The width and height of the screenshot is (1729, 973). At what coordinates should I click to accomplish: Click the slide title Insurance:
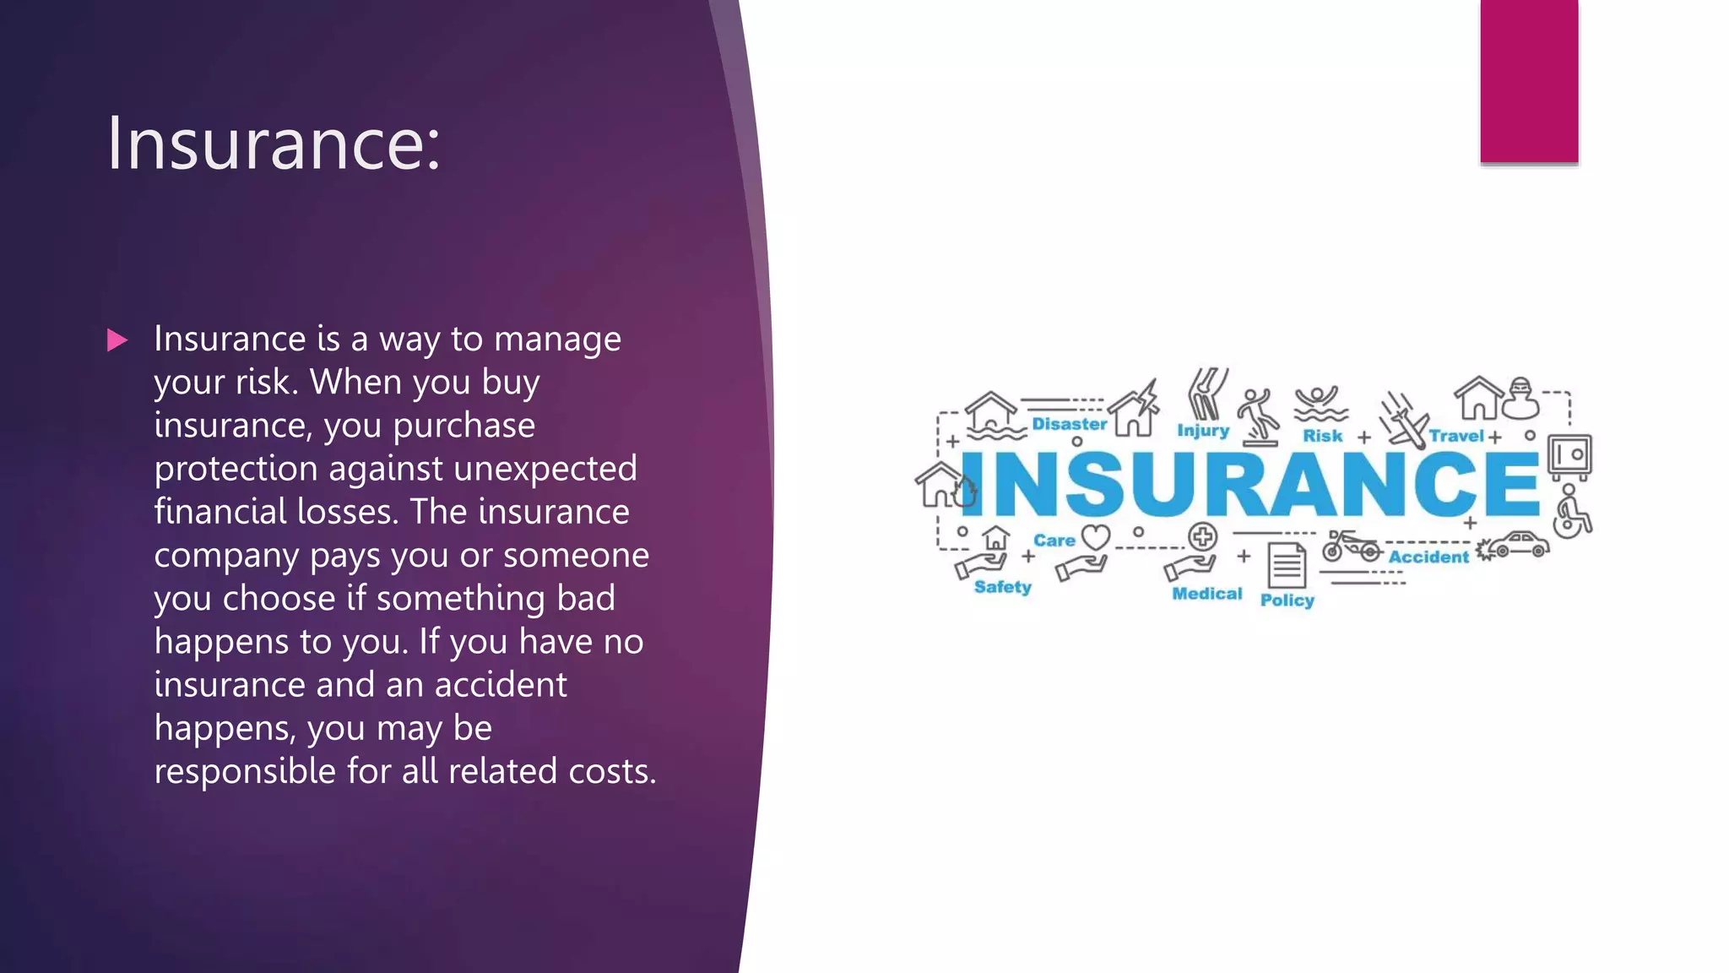tap(273, 144)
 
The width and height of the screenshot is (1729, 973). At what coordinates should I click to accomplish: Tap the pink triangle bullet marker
tap(117, 340)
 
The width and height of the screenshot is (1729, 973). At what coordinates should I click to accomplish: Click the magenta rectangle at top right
tap(1529, 81)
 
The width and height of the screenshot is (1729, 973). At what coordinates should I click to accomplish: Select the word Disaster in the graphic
tap(1069, 424)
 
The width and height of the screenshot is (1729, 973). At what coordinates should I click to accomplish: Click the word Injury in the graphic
tap(1203, 430)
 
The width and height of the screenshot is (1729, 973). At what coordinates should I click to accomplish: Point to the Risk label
tap(1322, 436)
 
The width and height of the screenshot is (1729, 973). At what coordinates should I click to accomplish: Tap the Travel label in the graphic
tap(1455, 436)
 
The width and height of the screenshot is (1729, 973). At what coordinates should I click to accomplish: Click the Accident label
tap(1428, 557)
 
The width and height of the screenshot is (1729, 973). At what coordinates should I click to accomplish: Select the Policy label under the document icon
tap(1287, 600)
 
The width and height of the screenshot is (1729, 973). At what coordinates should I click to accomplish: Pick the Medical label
tap(1206, 594)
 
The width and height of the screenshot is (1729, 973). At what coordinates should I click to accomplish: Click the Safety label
tap(1002, 587)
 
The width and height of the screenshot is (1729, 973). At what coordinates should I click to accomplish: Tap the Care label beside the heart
tap(1054, 541)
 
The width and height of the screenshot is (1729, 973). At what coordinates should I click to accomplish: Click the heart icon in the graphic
tap(1096, 537)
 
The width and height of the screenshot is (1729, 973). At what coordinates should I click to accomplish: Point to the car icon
tap(1517, 545)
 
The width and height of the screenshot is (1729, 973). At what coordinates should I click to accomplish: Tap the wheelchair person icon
tap(1571, 512)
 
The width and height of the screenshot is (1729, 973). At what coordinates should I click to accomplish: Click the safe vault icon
tap(1569, 455)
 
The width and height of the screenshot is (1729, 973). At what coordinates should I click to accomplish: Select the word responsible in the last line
tap(244, 770)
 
